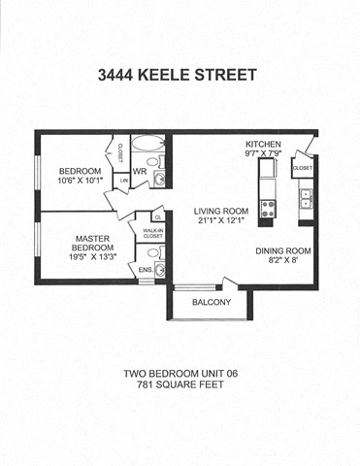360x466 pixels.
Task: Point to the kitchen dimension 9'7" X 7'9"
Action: coord(263,151)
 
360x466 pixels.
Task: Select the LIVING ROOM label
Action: coord(220,211)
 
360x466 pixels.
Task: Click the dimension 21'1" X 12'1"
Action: coord(220,222)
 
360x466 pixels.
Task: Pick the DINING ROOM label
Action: coord(283,251)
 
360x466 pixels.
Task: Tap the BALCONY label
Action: coord(211,302)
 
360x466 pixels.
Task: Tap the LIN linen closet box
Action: coord(123,180)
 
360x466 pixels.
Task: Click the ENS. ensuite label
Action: coord(146,269)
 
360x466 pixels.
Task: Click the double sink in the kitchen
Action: coord(307,198)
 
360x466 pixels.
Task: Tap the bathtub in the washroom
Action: coord(148,143)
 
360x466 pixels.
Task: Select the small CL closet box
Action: coord(156,217)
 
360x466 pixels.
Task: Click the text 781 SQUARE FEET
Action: coord(180,386)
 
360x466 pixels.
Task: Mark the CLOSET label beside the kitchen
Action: coord(301,167)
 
